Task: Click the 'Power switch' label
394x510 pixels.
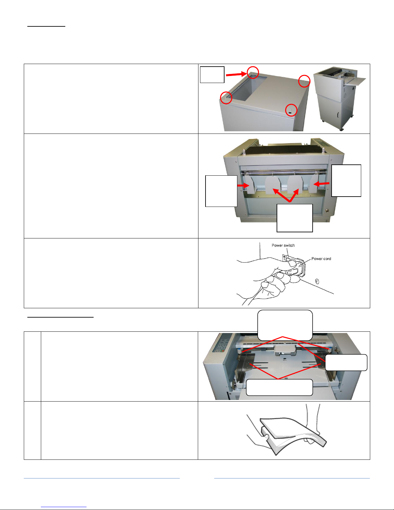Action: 283,245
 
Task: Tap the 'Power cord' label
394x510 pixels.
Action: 321,259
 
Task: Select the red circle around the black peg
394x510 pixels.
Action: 291,110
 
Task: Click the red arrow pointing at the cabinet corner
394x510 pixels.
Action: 236,74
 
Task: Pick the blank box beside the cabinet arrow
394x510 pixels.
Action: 212,75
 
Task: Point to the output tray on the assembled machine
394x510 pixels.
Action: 354,81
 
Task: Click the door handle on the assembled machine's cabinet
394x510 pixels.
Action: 338,115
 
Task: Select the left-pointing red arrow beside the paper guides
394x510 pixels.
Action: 321,183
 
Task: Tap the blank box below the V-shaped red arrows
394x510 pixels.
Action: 295,218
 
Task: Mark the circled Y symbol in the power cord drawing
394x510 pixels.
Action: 317,281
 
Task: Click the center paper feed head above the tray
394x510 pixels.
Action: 284,350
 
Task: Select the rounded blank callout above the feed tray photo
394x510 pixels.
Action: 285,325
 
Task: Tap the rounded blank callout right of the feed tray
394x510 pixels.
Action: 346,362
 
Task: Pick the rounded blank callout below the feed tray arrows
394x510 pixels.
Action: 279,387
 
